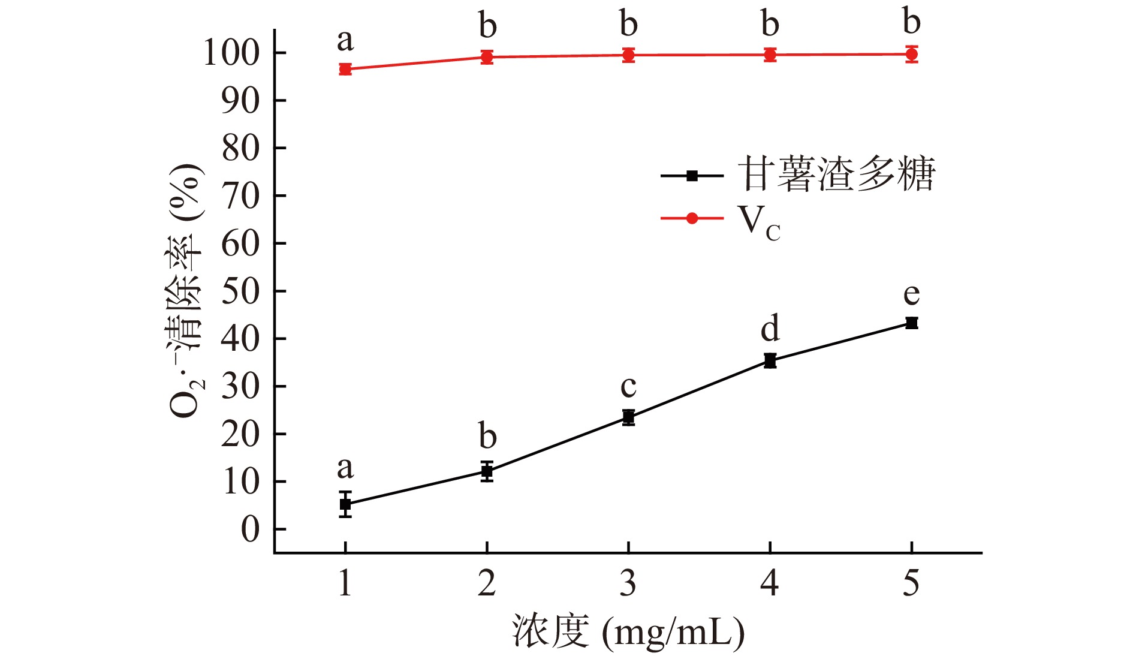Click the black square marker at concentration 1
[x=345, y=504]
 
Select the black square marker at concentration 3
[x=628, y=417]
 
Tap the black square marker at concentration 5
[x=911, y=323]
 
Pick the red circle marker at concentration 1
[x=345, y=69]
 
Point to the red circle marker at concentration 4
[x=770, y=55]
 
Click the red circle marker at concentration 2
[x=487, y=57]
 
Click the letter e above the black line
[x=911, y=294]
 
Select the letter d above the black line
[x=770, y=328]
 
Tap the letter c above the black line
[x=628, y=387]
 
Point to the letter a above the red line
[x=345, y=41]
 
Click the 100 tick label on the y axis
[x=231, y=53]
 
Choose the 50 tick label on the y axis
[x=240, y=291]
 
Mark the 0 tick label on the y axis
[x=251, y=529]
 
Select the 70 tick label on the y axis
[x=240, y=196]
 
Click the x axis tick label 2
[x=487, y=583]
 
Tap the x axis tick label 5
[x=911, y=583]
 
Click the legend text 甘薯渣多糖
[x=836, y=175]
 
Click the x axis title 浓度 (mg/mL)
[x=628, y=631]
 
